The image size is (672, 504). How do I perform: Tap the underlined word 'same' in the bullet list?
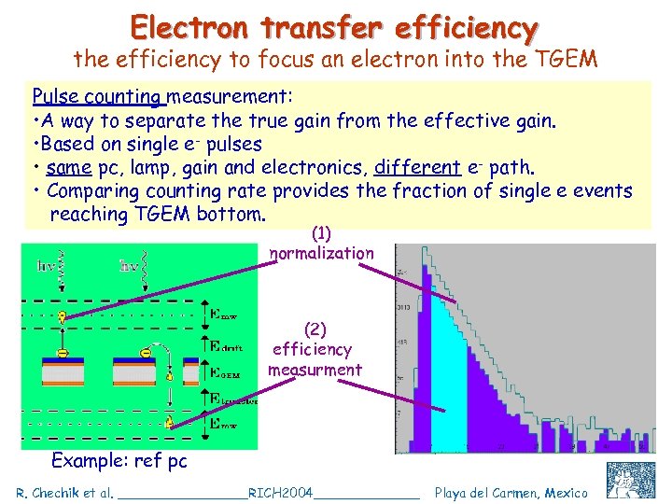[67, 168]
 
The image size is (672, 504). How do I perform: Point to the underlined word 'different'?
[417, 168]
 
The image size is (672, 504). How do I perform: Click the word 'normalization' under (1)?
[321, 253]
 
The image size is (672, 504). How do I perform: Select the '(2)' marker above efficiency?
[315, 329]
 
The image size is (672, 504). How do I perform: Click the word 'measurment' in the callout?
[315, 370]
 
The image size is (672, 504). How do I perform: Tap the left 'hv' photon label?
[45, 266]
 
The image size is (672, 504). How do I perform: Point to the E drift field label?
[223, 347]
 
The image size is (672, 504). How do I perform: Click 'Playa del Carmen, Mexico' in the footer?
[511, 492]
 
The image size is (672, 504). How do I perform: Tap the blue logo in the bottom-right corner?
[630, 480]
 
